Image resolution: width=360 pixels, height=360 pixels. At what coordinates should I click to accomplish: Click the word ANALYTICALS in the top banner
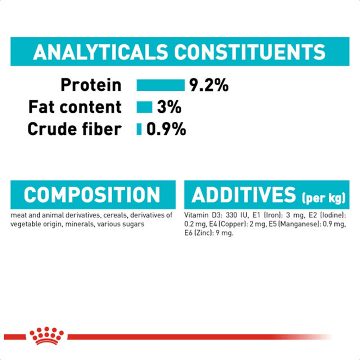pyautogui.click(x=100, y=52)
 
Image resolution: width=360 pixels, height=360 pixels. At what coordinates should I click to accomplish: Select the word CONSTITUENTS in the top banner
pyautogui.click(x=250, y=52)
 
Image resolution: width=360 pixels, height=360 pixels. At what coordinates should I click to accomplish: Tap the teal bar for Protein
pyautogui.click(x=161, y=85)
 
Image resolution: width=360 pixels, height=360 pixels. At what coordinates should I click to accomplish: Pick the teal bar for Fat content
pyautogui.click(x=144, y=107)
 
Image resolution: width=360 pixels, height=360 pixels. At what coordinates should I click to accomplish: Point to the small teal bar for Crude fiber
pyautogui.click(x=139, y=129)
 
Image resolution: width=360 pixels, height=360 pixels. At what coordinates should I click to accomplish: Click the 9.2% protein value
pyautogui.click(x=209, y=85)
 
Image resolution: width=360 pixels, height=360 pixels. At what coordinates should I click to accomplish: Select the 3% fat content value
pyautogui.click(x=169, y=107)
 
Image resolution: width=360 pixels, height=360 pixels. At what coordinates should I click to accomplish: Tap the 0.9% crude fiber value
pyautogui.click(x=166, y=129)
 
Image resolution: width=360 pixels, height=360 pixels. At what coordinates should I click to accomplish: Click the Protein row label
pyautogui.click(x=91, y=85)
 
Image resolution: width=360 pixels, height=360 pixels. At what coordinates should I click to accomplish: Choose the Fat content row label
pyautogui.click(x=75, y=107)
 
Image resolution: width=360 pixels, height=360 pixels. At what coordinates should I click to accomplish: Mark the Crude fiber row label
pyautogui.click(x=75, y=129)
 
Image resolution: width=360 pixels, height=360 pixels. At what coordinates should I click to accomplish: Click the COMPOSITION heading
pyautogui.click(x=92, y=195)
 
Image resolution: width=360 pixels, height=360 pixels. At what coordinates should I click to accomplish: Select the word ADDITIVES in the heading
pyautogui.click(x=244, y=195)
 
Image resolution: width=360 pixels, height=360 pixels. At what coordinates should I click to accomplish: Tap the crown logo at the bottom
pyautogui.click(x=46, y=336)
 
